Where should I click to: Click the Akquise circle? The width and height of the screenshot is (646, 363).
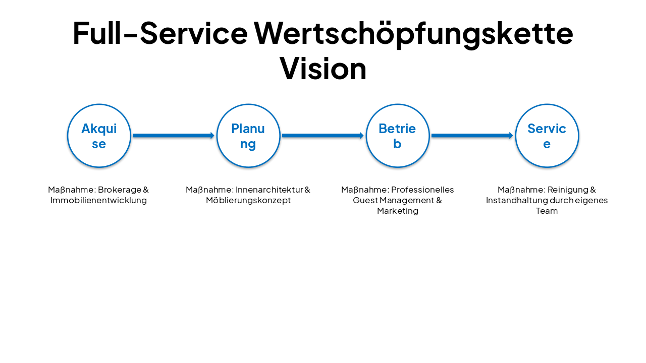99,136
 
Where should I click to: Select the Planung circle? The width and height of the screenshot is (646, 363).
248,136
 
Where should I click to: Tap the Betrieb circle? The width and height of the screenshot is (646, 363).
398,136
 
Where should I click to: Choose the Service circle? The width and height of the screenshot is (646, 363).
547,136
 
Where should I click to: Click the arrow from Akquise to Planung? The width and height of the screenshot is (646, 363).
173,136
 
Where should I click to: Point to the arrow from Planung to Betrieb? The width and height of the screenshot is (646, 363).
322,136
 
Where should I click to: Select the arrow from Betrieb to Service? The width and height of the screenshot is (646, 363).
472,136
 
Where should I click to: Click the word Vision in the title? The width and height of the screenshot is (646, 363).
323,68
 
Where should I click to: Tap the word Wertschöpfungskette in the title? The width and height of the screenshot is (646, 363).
413,33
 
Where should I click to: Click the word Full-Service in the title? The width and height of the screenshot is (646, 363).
160,33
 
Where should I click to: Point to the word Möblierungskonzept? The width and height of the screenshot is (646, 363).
248,201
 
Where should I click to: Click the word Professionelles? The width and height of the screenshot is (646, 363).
423,190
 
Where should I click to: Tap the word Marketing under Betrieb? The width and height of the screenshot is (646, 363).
398,211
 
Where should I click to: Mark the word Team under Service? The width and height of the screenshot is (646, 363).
547,211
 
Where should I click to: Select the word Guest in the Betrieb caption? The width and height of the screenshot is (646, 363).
364,201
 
